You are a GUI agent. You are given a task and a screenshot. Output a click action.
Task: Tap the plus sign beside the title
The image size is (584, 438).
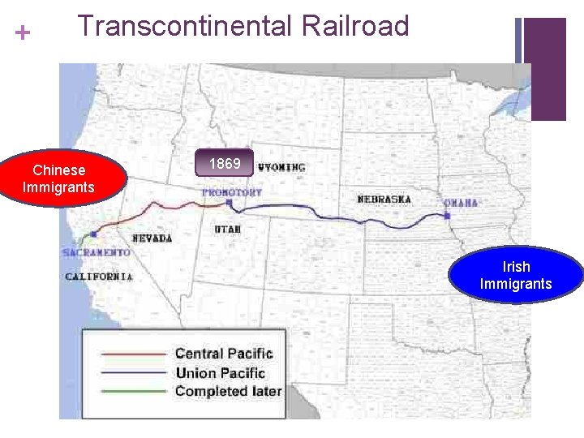coord(23,33)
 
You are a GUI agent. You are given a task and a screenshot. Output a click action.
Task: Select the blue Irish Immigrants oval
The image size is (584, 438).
coord(516,275)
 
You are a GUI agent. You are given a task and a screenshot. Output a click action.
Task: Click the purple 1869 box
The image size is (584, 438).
coord(225,165)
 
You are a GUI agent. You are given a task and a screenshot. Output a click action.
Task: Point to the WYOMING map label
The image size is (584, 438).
coord(282,168)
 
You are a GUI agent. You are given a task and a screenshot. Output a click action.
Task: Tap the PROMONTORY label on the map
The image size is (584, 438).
coord(232,193)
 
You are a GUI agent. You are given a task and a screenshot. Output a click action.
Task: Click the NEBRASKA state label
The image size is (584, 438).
coord(384,200)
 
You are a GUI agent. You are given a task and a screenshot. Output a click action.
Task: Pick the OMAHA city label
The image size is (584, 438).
coord(461,202)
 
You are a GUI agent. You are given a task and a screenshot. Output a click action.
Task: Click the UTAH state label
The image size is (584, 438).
coord(228,230)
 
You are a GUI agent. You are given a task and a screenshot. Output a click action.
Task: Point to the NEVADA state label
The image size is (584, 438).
coord(152,238)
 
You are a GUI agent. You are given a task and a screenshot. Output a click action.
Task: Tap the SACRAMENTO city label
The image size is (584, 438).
coord(96,253)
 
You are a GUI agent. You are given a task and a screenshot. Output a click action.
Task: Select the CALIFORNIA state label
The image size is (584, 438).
coord(99,277)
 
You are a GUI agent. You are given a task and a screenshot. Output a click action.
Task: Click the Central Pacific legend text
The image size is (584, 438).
coord(224,354)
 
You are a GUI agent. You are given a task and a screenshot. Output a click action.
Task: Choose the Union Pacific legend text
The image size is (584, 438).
coord(221,373)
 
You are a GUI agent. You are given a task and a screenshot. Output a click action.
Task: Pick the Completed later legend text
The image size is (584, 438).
coord(229,392)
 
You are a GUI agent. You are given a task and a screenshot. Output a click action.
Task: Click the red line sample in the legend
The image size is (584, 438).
coord(133,354)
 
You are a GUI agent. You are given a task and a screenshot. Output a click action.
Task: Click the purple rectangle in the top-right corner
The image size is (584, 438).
coord(544,68)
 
